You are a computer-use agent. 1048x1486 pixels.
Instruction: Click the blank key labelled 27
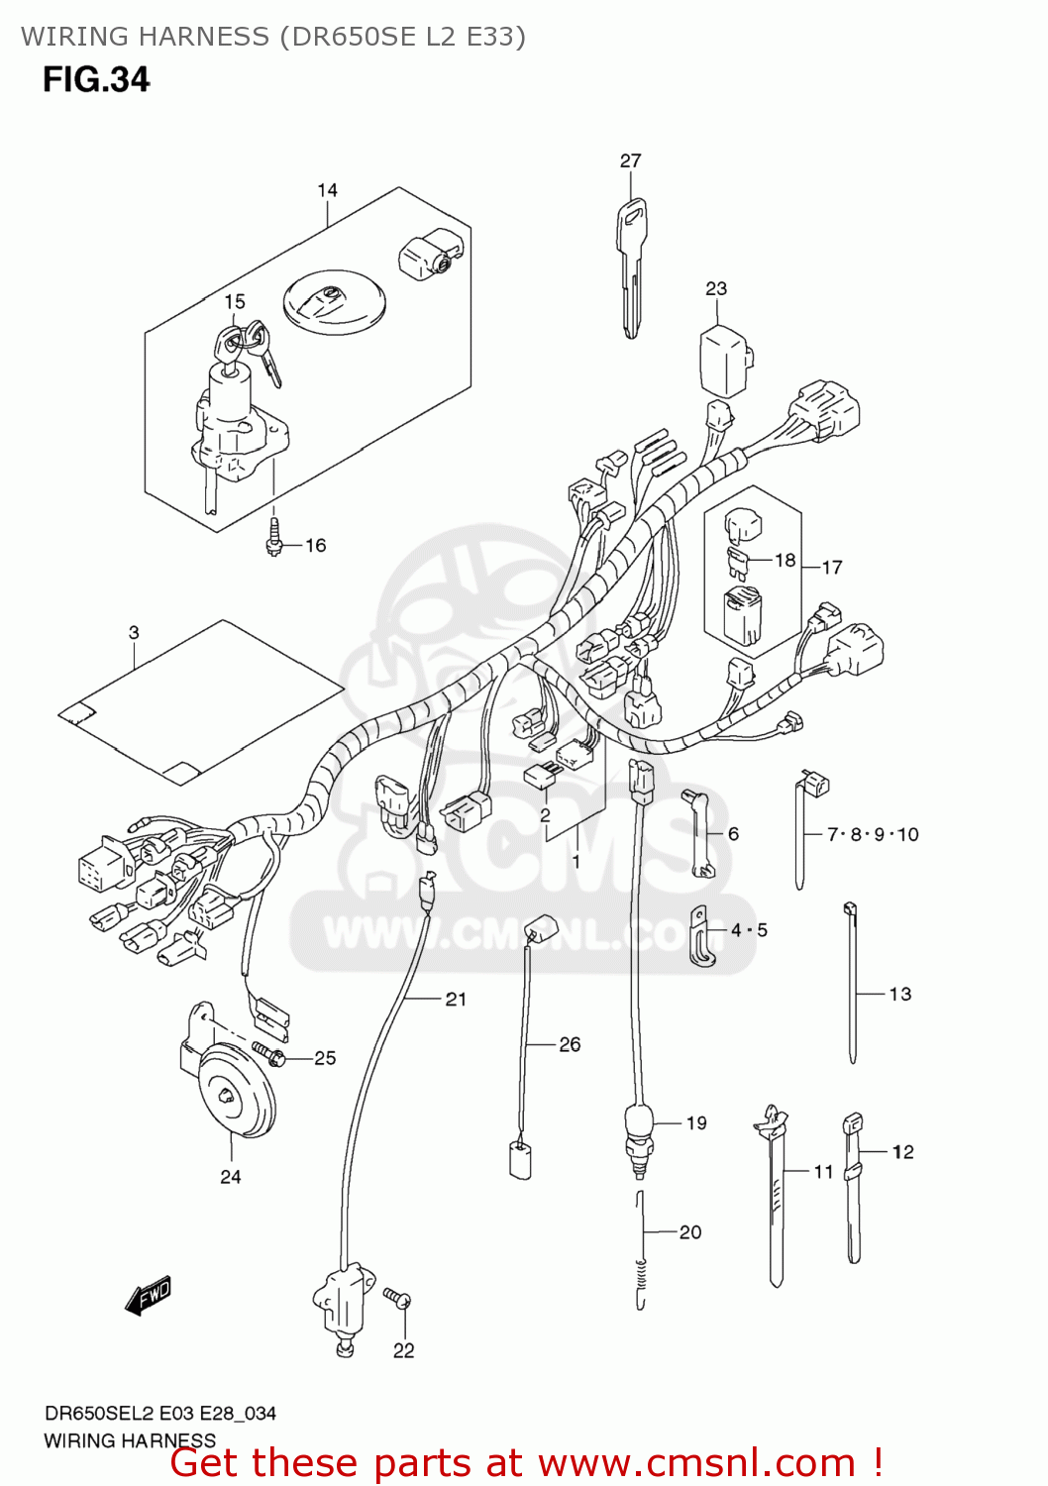pyautogui.click(x=632, y=263)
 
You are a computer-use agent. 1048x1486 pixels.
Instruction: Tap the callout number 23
pyautogui.click(x=716, y=288)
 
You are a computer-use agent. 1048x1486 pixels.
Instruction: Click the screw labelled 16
pyautogui.click(x=274, y=537)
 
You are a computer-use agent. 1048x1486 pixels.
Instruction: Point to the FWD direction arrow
pyautogui.click(x=149, y=1295)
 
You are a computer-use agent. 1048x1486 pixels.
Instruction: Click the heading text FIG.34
pyautogui.click(x=96, y=79)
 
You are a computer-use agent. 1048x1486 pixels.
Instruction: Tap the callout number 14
pyautogui.click(x=328, y=190)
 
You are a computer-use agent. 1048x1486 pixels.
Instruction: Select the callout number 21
pyautogui.click(x=456, y=1000)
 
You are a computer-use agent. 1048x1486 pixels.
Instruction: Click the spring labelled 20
pyautogui.click(x=641, y=1253)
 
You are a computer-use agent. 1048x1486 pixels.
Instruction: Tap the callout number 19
pyautogui.click(x=696, y=1123)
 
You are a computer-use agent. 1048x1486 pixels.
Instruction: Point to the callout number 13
pyautogui.click(x=900, y=994)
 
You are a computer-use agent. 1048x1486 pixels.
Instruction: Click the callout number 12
pyautogui.click(x=902, y=1151)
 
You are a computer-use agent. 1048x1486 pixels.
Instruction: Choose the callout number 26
pyautogui.click(x=570, y=1044)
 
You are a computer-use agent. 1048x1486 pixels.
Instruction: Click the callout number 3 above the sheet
pyautogui.click(x=134, y=632)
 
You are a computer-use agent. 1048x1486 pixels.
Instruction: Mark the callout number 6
pyautogui.click(x=733, y=834)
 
